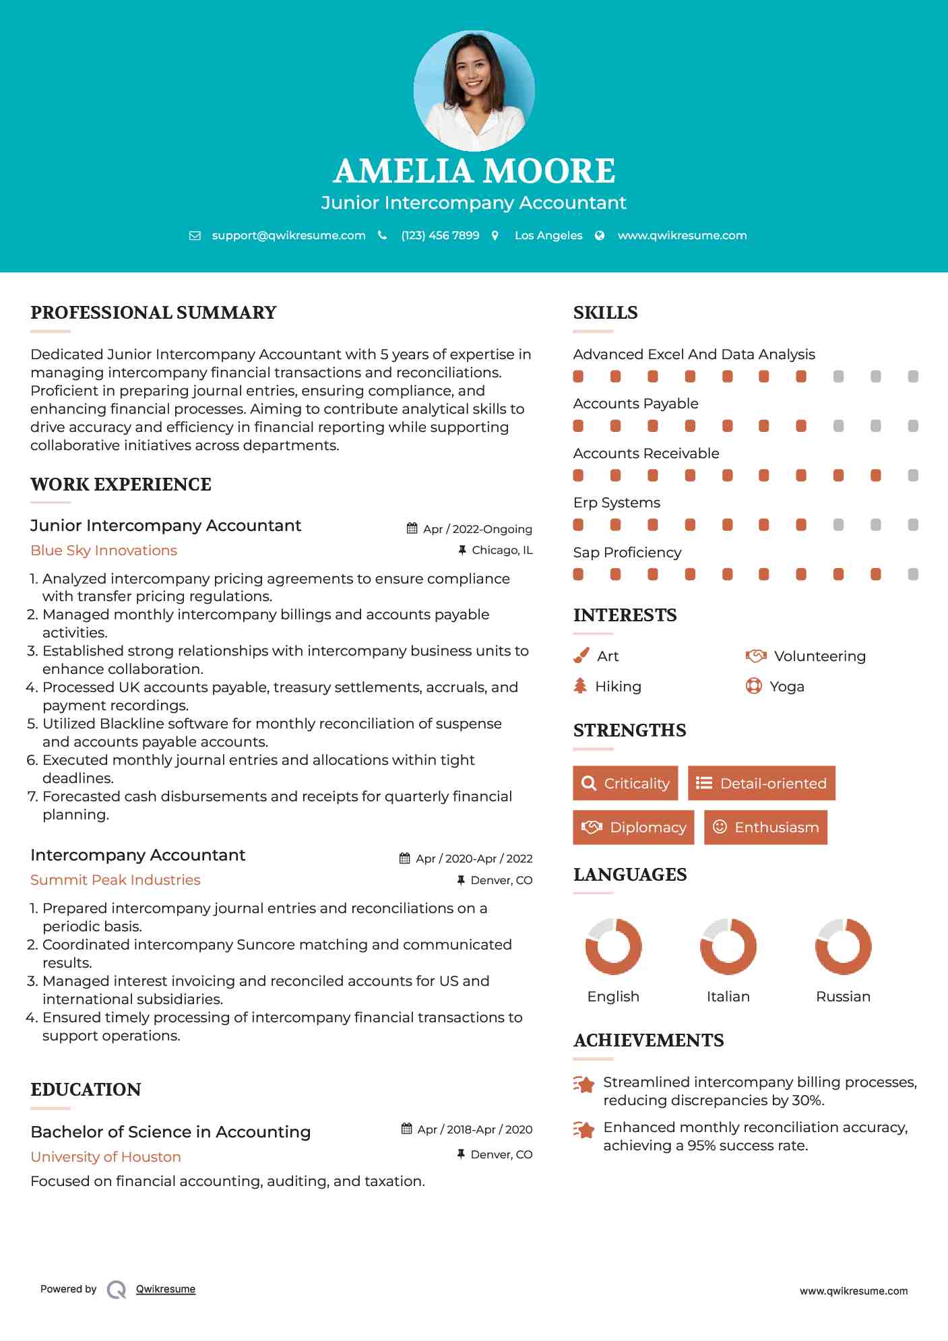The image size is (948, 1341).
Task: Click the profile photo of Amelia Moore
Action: click(474, 90)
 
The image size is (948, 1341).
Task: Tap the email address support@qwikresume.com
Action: click(288, 235)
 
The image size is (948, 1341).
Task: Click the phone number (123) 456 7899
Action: click(440, 235)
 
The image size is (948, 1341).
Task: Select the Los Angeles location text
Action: click(548, 235)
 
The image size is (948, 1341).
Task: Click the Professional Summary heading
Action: click(154, 313)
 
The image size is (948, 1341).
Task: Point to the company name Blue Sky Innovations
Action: click(104, 551)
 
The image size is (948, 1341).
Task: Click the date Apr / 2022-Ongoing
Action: click(477, 529)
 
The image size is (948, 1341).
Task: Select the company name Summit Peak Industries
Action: click(115, 880)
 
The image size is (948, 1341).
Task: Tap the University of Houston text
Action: click(106, 1157)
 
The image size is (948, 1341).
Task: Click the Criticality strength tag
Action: click(625, 783)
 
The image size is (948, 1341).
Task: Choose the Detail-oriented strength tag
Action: click(761, 783)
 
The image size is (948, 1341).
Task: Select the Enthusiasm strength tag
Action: click(765, 827)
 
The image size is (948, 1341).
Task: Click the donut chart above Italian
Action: click(728, 946)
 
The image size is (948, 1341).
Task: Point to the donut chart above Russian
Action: click(843, 946)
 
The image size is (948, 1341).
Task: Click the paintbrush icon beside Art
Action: click(581, 656)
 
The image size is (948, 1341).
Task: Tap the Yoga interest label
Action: click(786, 687)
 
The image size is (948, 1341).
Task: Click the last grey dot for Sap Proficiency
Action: click(913, 574)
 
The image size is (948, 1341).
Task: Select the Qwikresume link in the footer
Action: click(166, 1289)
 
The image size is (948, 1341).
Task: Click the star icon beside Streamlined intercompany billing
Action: click(583, 1084)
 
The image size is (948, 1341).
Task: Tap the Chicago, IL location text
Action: click(502, 550)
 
